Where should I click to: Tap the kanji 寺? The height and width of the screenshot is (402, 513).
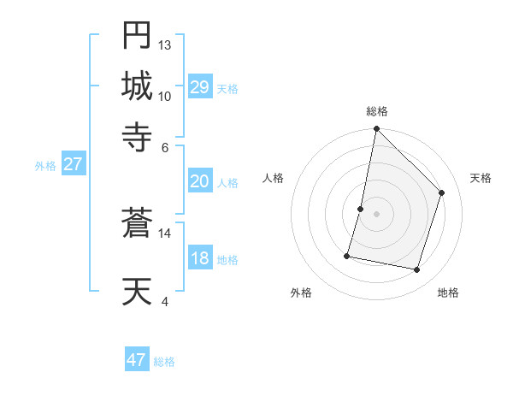tap(137, 134)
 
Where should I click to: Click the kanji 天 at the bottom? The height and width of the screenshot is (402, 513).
tap(137, 292)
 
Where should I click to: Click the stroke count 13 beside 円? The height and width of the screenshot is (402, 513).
tap(165, 45)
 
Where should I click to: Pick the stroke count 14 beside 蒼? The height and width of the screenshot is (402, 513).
tap(165, 233)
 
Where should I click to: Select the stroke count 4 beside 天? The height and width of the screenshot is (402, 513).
tap(165, 301)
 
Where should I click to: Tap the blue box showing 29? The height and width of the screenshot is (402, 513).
tap(200, 87)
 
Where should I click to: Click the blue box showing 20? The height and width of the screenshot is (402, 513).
tap(200, 181)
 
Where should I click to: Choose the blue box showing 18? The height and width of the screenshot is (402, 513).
tap(200, 259)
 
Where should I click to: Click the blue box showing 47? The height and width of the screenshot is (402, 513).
tap(137, 360)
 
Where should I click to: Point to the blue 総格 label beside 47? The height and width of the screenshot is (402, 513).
tap(164, 362)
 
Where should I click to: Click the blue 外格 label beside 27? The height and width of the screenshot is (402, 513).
tap(45, 166)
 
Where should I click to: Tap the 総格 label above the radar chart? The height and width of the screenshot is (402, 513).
tap(376, 111)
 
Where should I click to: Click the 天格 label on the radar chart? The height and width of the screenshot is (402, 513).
tap(481, 178)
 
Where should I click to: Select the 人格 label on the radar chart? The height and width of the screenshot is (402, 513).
tap(273, 178)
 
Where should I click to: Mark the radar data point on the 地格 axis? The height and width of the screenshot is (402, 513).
tap(416, 270)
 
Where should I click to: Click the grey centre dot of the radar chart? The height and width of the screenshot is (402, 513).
tap(376, 214)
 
